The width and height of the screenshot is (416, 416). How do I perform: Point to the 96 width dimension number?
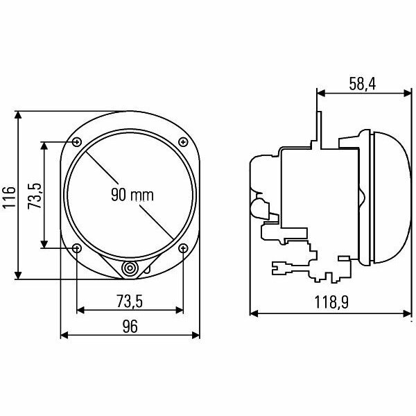pyautogui.click(x=130, y=326)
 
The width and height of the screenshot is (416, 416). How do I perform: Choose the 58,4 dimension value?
pyautogui.click(x=363, y=84)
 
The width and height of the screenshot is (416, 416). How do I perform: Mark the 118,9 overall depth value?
pyautogui.click(x=330, y=304)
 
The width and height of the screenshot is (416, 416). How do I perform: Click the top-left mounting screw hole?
pyautogui.click(x=76, y=142)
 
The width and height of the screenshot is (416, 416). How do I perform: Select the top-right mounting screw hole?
pyautogui.click(x=183, y=142)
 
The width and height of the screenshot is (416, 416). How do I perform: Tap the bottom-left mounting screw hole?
pyautogui.click(x=76, y=248)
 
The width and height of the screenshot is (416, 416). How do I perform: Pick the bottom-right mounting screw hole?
pyautogui.click(x=183, y=248)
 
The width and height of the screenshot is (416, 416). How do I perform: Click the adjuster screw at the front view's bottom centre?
pyautogui.click(x=130, y=269)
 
